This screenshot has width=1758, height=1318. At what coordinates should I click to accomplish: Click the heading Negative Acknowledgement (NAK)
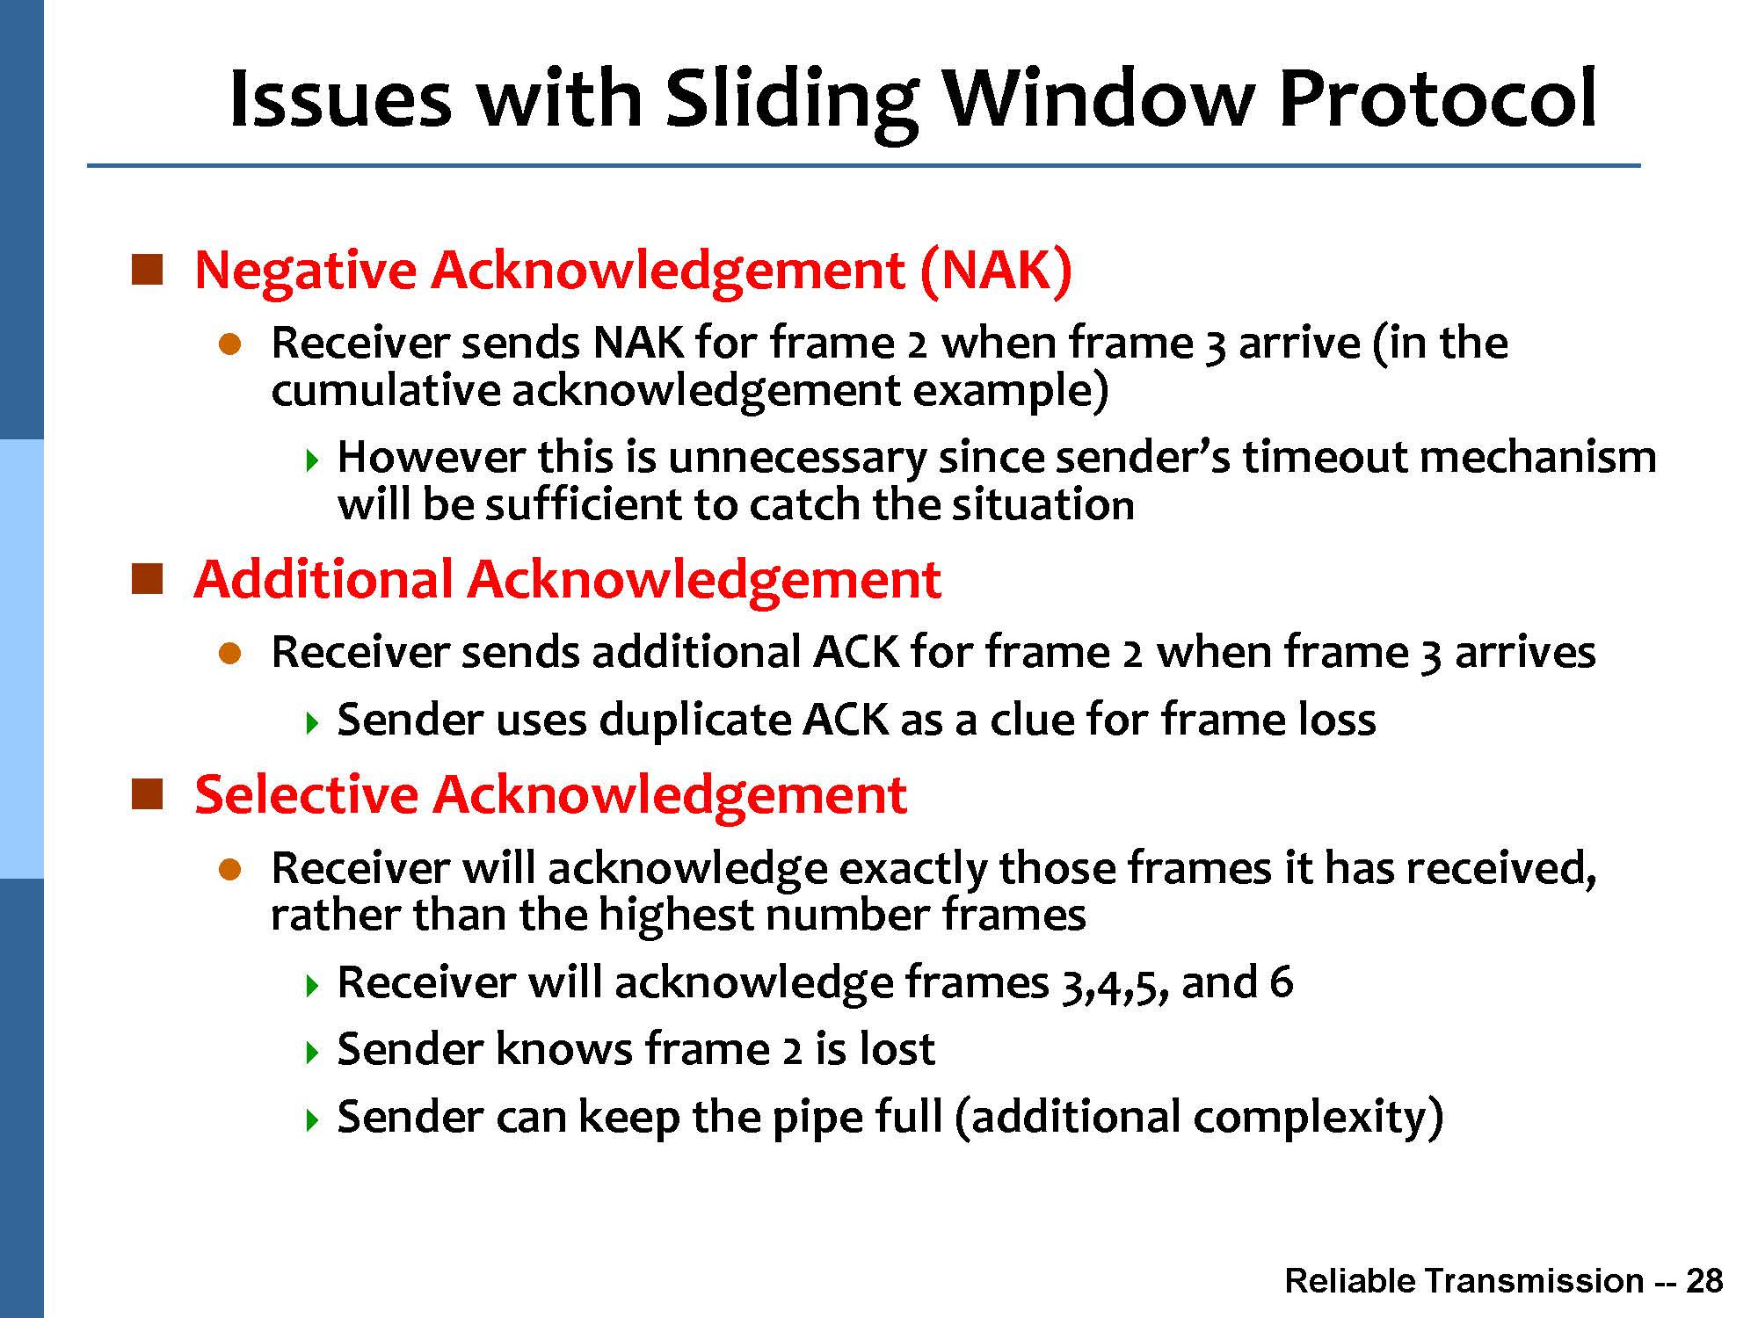point(633,270)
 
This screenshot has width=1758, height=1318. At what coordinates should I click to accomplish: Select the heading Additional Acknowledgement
point(568,580)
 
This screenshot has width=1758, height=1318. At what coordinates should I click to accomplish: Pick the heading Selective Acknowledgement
point(550,795)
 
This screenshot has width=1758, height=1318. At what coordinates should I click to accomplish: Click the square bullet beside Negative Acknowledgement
point(148,270)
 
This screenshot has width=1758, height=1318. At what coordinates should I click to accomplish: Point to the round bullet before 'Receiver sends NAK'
point(229,344)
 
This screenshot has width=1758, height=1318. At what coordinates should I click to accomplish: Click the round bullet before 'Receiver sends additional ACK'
point(229,654)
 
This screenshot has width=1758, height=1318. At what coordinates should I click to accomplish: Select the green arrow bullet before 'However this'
point(310,460)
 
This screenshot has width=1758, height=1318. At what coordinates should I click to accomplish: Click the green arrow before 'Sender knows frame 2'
point(310,1052)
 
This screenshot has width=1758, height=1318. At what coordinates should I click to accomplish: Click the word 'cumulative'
point(386,391)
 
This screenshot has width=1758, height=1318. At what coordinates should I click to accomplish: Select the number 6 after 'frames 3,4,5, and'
point(1282,982)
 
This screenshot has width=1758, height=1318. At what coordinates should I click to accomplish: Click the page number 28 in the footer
point(1704,1281)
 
